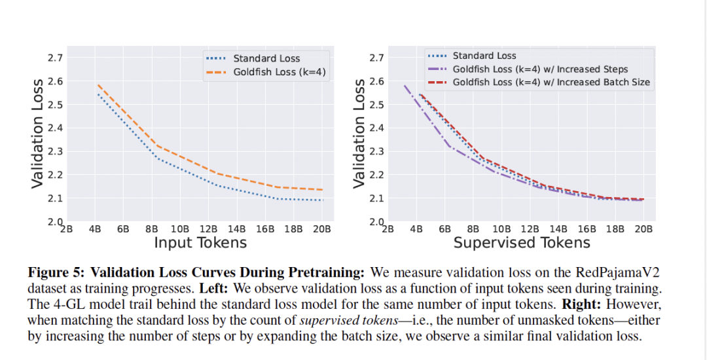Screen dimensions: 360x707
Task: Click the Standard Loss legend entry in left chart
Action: (x=266, y=58)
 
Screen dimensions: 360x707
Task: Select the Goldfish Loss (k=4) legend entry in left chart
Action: (x=279, y=72)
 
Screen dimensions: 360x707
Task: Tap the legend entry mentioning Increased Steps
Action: (x=540, y=69)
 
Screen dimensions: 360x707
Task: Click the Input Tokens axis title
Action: (x=200, y=243)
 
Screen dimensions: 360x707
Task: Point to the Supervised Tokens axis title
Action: (x=522, y=243)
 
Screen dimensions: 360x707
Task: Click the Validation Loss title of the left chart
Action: (x=38, y=134)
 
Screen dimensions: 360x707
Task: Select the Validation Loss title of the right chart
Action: (x=359, y=134)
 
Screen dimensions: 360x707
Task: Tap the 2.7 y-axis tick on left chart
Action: (x=55, y=58)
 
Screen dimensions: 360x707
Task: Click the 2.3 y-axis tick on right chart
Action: (x=376, y=151)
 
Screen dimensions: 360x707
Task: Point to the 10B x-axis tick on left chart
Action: (x=179, y=228)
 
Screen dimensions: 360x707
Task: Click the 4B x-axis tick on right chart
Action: (x=416, y=228)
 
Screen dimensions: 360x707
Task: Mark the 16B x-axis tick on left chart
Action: (x=264, y=228)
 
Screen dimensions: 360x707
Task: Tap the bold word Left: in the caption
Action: (x=241, y=288)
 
